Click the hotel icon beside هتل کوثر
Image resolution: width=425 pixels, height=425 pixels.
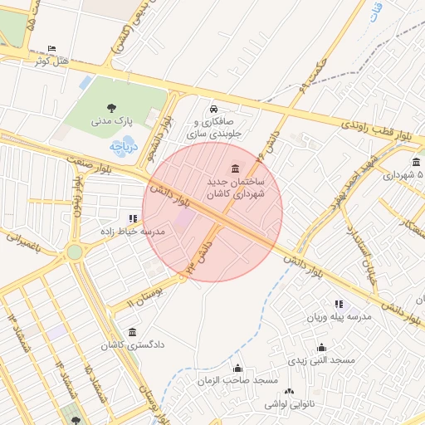point(53,49)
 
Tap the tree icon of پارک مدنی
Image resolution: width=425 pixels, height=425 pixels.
point(111,106)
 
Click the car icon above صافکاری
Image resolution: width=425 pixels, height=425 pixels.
point(213,109)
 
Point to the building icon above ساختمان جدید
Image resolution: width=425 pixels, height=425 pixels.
point(237,168)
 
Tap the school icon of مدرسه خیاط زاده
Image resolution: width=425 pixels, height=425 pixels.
point(134,218)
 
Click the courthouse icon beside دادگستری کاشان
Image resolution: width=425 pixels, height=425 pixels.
point(132,332)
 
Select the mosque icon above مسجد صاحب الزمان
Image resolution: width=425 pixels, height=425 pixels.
point(238,368)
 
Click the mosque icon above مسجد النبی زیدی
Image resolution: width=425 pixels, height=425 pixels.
point(321,348)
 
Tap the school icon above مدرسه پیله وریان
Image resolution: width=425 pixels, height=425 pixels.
point(338,305)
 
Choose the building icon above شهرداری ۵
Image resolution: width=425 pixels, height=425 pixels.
point(415,163)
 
